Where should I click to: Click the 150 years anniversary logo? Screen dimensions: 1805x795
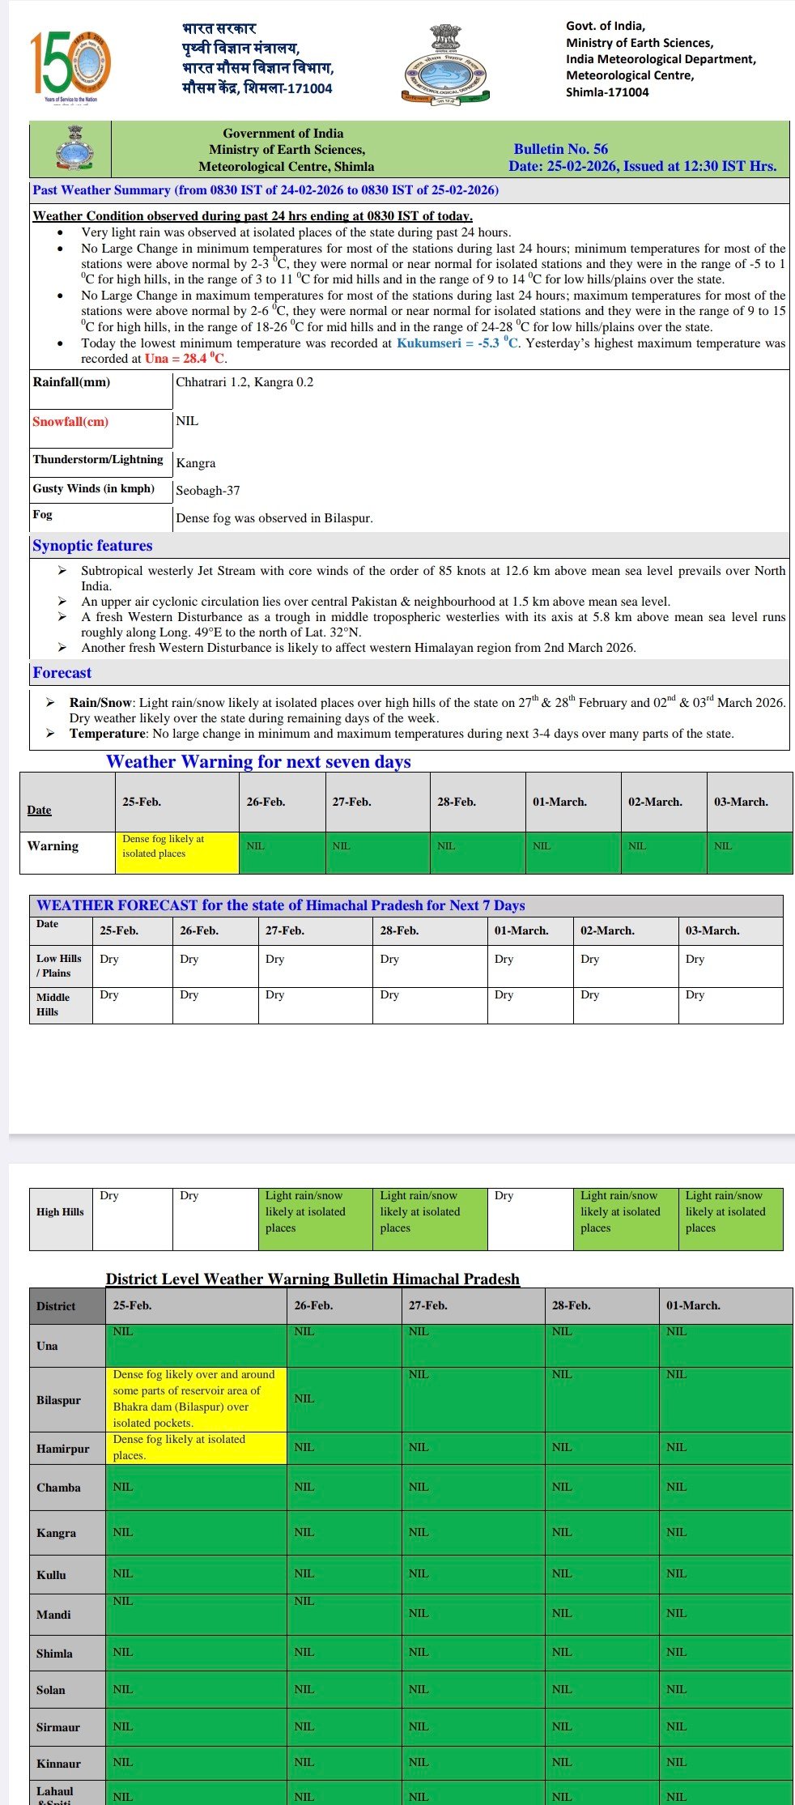tap(70, 65)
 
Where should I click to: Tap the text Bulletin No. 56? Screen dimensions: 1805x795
tap(560, 149)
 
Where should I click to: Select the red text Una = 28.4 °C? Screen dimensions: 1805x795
tap(185, 359)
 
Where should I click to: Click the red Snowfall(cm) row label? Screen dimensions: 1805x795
tap(70, 421)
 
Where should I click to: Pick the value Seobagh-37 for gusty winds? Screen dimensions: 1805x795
tap(208, 491)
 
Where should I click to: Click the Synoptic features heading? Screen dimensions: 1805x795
tap(92, 546)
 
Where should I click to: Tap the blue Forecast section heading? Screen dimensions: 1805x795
tap(62, 673)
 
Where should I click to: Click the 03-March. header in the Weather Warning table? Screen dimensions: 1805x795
tap(741, 802)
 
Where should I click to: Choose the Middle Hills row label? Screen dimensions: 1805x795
tap(53, 1004)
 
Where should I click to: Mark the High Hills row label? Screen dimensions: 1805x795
tap(60, 1211)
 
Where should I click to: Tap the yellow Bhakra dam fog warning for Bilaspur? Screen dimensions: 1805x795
tap(196, 1398)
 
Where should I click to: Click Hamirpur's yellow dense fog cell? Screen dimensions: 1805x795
tap(196, 1447)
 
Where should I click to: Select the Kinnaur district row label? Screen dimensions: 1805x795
tap(58, 1763)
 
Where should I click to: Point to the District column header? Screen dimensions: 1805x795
tap(56, 1306)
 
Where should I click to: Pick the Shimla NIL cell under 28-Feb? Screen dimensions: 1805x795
tap(562, 1652)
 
